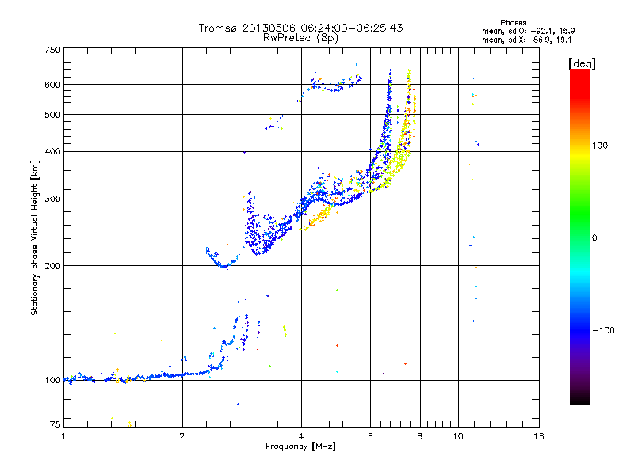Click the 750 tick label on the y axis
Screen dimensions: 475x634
tap(52, 49)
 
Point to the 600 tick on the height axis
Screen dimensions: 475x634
tap(52, 84)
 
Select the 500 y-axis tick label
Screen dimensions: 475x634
tap(52, 114)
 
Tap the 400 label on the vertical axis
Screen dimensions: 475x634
tap(52, 151)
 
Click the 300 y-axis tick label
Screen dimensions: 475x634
tap(52, 199)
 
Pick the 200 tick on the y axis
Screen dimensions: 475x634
tap(52, 265)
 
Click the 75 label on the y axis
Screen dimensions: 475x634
tap(55, 426)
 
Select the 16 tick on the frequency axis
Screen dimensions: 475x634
tap(538, 436)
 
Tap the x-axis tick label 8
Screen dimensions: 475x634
tap(420, 436)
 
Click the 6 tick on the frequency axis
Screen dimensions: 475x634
tap(371, 436)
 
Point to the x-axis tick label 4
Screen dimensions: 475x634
tap(301, 436)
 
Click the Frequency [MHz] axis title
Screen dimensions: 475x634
tap(301, 446)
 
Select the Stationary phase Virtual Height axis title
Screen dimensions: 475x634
tap(35, 237)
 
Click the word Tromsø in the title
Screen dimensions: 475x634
tap(217, 28)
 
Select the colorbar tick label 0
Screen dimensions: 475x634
tap(595, 237)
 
